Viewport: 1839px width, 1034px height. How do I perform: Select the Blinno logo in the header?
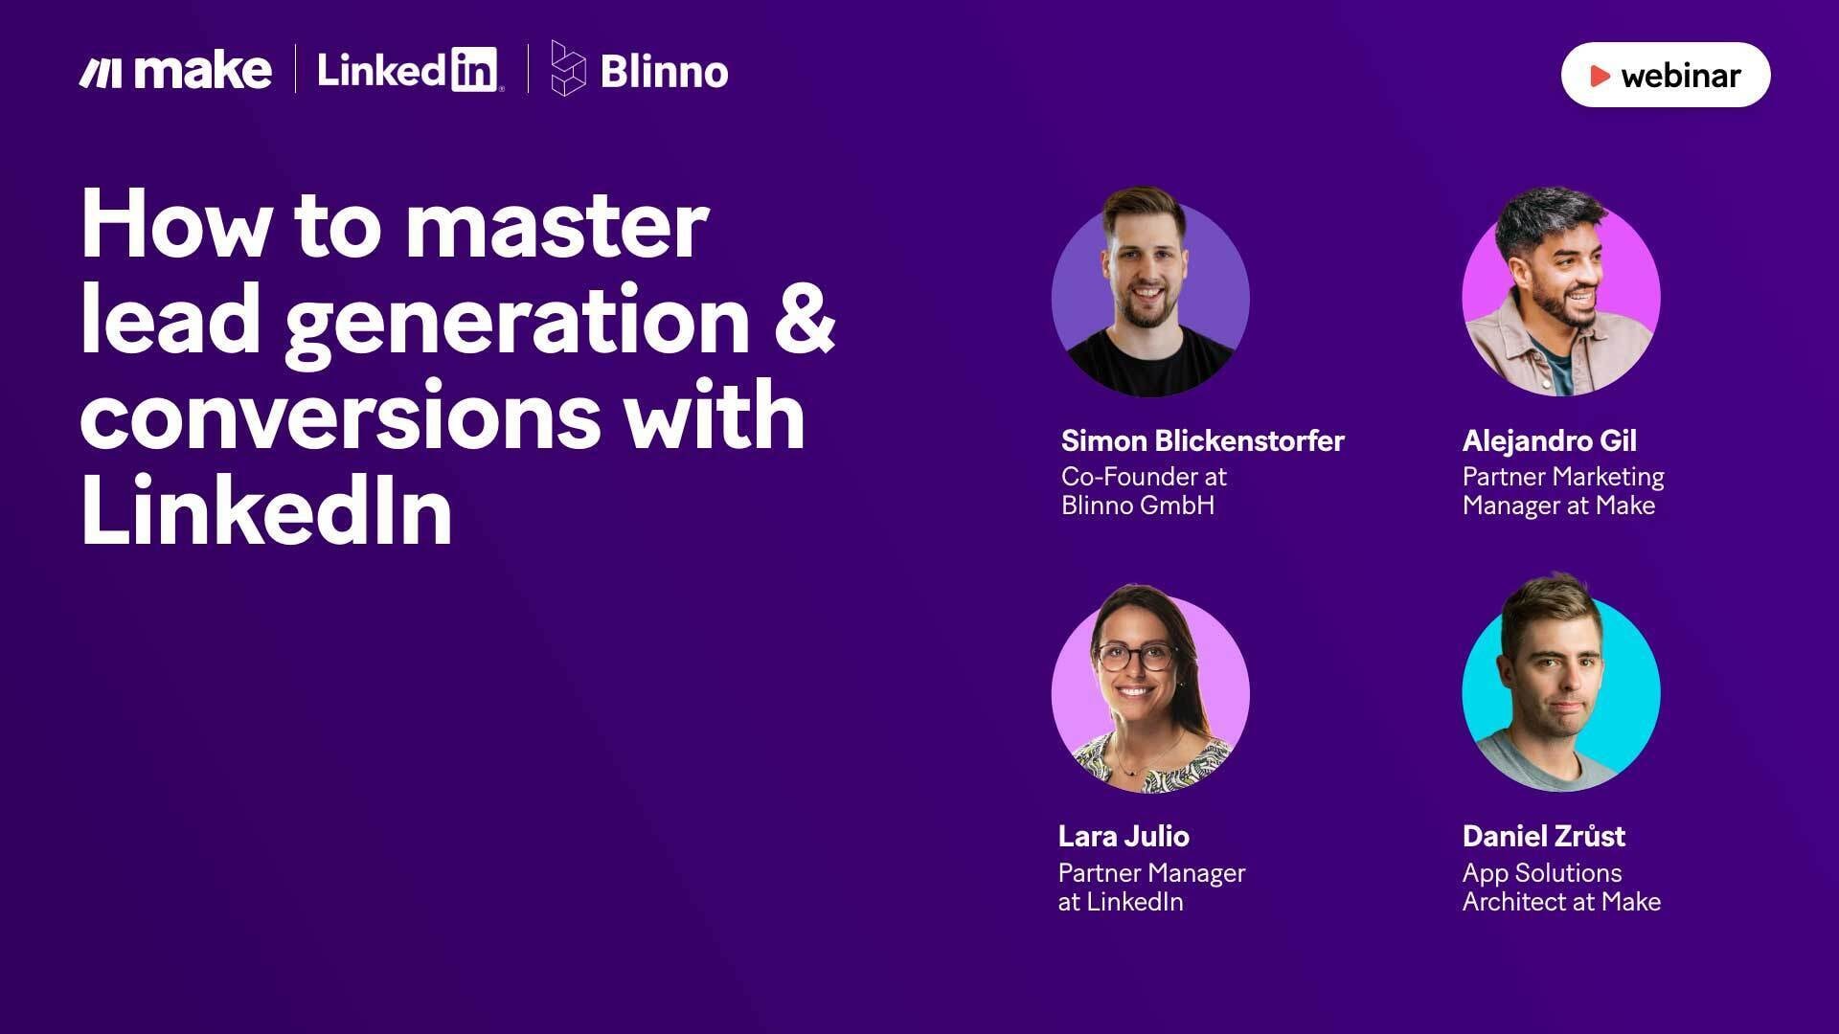[x=639, y=69]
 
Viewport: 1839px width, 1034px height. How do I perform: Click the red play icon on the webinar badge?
[x=1600, y=76]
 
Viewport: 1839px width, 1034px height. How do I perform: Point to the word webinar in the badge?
[x=1681, y=76]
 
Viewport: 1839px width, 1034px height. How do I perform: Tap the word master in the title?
[x=556, y=227]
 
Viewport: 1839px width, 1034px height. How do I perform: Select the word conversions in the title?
[x=341, y=416]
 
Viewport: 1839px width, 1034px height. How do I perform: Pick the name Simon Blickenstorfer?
[x=1202, y=440]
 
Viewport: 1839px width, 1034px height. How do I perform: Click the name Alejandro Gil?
[x=1549, y=441]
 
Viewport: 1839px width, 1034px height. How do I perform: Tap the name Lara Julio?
[x=1124, y=837]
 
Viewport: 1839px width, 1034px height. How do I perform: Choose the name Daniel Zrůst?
[x=1543, y=836]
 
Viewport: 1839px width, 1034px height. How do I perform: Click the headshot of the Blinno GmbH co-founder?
[x=1150, y=292]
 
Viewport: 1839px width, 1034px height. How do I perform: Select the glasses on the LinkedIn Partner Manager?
[x=1135, y=658]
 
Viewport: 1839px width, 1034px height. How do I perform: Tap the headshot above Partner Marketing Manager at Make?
[x=1561, y=292]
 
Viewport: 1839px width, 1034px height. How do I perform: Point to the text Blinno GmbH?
[x=1137, y=506]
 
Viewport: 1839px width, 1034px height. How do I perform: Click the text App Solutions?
[x=1542, y=873]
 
